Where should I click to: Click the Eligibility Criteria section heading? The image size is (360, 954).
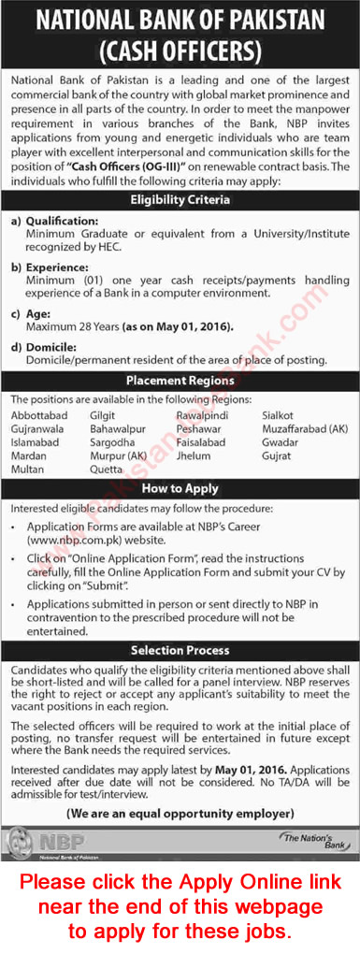[180, 199]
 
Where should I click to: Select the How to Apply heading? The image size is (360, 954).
[180, 488]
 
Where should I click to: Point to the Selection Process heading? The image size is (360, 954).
[180, 649]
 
